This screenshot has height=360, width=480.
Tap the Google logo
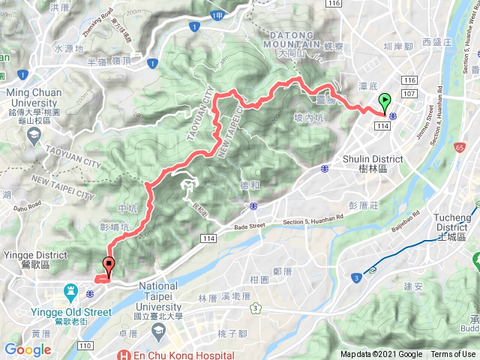(x=28, y=349)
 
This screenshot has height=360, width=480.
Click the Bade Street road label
(x=250, y=226)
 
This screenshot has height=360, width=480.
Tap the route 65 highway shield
(x=458, y=148)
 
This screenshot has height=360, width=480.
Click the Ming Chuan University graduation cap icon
(x=34, y=135)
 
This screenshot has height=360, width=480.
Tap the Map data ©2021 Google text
(x=381, y=355)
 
